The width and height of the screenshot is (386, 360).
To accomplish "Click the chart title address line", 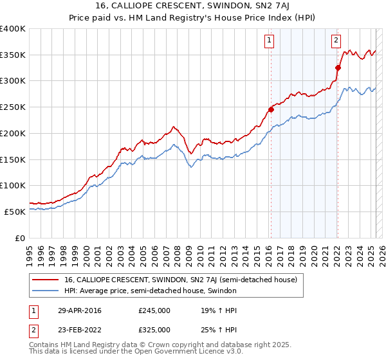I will [193, 6].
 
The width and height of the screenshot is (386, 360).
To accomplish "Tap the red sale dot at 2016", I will [271, 109].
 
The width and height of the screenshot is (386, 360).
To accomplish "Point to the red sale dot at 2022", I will [338, 67].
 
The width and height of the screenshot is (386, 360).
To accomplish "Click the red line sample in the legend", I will [46, 280].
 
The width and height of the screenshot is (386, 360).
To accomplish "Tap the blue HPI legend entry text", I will [151, 291].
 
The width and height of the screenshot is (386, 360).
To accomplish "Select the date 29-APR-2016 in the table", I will [79, 310].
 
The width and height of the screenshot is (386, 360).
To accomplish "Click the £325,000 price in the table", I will [154, 329].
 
